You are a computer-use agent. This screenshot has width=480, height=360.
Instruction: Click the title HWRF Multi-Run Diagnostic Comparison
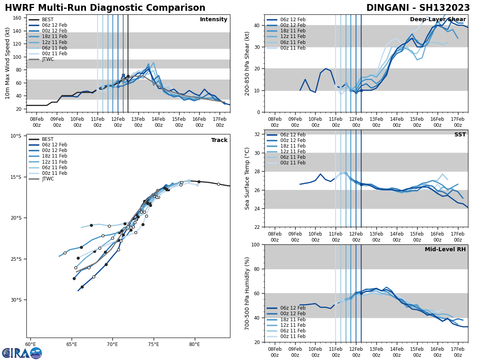(105, 8)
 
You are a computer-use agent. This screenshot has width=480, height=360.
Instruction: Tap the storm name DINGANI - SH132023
(418, 8)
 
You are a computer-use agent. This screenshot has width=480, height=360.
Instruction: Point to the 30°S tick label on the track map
(16, 300)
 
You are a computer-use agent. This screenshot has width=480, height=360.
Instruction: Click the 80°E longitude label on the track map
(194, 344)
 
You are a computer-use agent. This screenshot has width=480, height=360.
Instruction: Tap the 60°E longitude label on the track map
(30, 344)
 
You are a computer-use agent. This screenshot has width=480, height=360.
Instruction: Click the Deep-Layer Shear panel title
(438, 20)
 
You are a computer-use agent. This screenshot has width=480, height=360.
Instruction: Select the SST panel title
(460, 135)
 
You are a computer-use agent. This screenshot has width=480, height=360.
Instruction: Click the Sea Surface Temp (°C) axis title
(248, 178)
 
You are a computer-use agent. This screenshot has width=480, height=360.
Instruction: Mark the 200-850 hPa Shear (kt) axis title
(248, 63)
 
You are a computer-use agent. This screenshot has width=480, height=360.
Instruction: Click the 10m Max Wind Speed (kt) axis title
(8, 63)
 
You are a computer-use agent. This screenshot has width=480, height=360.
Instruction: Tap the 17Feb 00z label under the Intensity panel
(220, 122)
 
